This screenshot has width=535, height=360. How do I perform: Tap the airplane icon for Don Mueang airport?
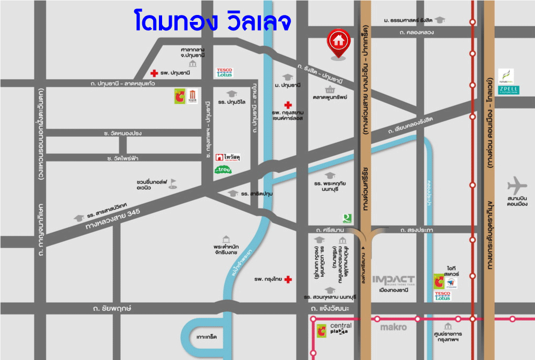pos(517,186)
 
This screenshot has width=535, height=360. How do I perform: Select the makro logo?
pos(393,327)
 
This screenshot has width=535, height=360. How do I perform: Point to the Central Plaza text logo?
pos(341,328)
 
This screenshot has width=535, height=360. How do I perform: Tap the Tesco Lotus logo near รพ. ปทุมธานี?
pos(224,72)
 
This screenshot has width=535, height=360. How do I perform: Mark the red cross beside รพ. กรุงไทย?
pos(288,279)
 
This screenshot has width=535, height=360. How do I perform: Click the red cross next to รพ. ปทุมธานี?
pos(154,73)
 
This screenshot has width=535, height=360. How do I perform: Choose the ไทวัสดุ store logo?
pos(227,157)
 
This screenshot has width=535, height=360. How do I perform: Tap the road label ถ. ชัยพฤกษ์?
pos(112,309)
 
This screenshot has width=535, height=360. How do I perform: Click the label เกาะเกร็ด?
pos(206,338)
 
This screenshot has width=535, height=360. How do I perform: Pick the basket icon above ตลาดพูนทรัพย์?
pos(330,89)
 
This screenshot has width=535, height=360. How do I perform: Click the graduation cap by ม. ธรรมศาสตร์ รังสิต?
pos(439,20)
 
